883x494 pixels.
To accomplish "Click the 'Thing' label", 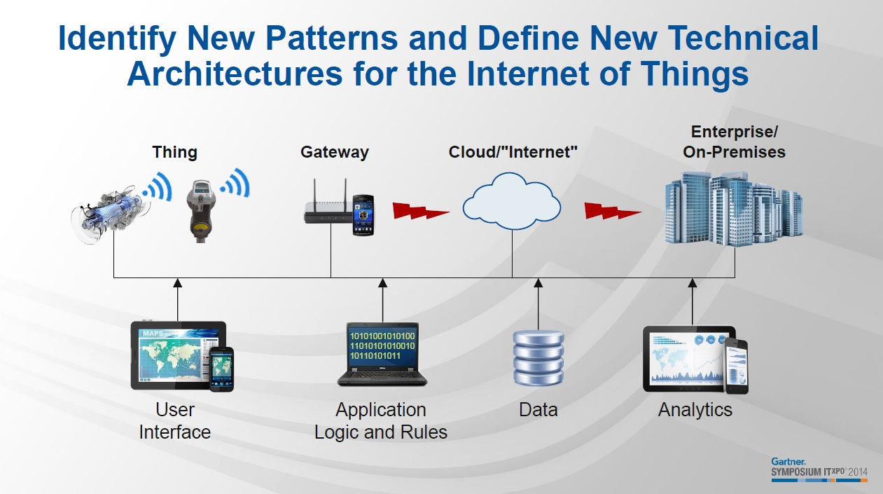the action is point(174,152).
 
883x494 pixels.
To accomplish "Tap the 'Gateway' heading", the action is point(335,152).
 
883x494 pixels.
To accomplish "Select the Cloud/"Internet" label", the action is point(513,152).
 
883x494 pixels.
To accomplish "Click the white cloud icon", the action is point(512,201).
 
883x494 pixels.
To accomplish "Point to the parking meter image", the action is point(201,211).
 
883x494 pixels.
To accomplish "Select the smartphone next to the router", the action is point(363,215).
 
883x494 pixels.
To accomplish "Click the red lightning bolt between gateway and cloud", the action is point(421,211).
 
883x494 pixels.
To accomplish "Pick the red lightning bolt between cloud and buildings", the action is point(613,211).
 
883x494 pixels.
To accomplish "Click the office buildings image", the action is point(734,208).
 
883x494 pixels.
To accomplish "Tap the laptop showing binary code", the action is point(382,354).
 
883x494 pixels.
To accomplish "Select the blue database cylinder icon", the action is point(538,358).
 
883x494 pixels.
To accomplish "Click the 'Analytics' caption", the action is point(695,409).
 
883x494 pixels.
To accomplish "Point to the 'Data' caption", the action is point(538,409).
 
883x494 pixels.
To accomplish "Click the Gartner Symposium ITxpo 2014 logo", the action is point(819,469).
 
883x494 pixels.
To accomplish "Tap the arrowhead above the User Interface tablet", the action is point(177,283).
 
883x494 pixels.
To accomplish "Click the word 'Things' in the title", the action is point(694,74).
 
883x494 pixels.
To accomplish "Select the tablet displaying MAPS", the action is point(179,355).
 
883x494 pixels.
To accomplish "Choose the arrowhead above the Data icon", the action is point(538,283).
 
